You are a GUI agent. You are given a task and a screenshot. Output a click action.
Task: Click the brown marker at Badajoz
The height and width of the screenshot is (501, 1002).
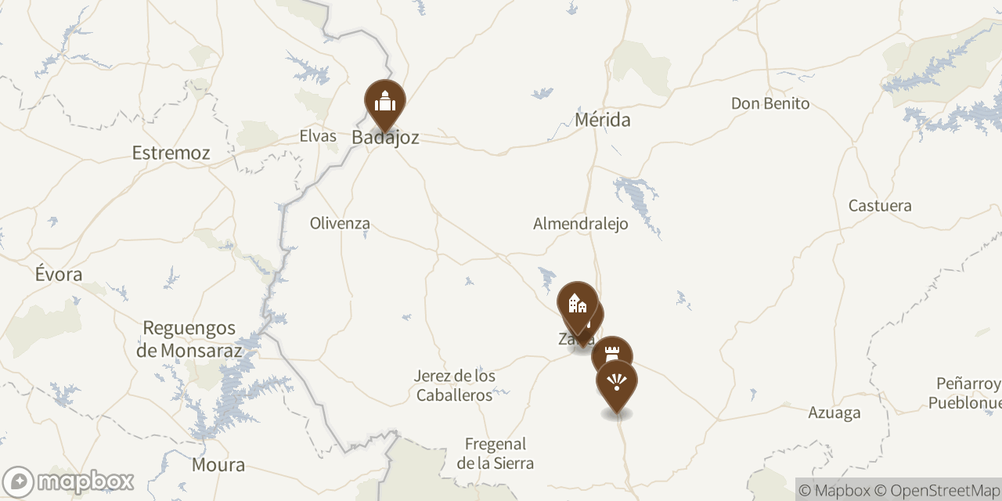[385, 102]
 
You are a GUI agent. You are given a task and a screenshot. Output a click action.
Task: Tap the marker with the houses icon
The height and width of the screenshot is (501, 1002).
[577, 303]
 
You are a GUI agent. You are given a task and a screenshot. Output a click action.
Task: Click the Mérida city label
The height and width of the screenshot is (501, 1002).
[602, 120]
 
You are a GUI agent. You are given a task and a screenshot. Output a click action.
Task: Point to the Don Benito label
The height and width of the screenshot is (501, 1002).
[770, 103]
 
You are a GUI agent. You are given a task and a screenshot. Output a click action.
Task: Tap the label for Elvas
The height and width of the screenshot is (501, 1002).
[318, 136]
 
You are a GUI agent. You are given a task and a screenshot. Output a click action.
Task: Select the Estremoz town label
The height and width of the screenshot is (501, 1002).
[171, 153]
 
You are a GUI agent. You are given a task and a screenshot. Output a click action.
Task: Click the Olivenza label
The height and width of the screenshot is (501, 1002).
[340, 223]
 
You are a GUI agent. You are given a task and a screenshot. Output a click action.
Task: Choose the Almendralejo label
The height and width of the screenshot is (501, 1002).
[580, 224]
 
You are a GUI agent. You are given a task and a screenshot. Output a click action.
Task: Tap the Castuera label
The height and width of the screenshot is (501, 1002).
[880, 206]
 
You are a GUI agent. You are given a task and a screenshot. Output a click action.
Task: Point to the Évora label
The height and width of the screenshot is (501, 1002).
[59, 274]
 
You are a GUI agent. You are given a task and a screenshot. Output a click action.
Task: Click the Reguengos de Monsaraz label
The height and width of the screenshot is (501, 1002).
[189, 339]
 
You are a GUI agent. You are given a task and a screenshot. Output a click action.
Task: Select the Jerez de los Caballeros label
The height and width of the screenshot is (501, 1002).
[455, 385]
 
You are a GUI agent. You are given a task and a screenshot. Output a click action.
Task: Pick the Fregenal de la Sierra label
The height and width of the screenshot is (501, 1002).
[496, 453]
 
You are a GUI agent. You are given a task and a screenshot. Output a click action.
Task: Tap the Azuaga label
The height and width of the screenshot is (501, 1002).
[834, 413]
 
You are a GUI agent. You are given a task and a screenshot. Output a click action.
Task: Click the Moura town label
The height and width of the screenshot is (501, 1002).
[218, 465]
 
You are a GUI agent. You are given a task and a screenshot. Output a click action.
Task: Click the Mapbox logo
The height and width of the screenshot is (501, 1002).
[68, 481]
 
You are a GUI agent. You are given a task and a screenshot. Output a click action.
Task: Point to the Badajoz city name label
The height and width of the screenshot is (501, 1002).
[385, 138]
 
